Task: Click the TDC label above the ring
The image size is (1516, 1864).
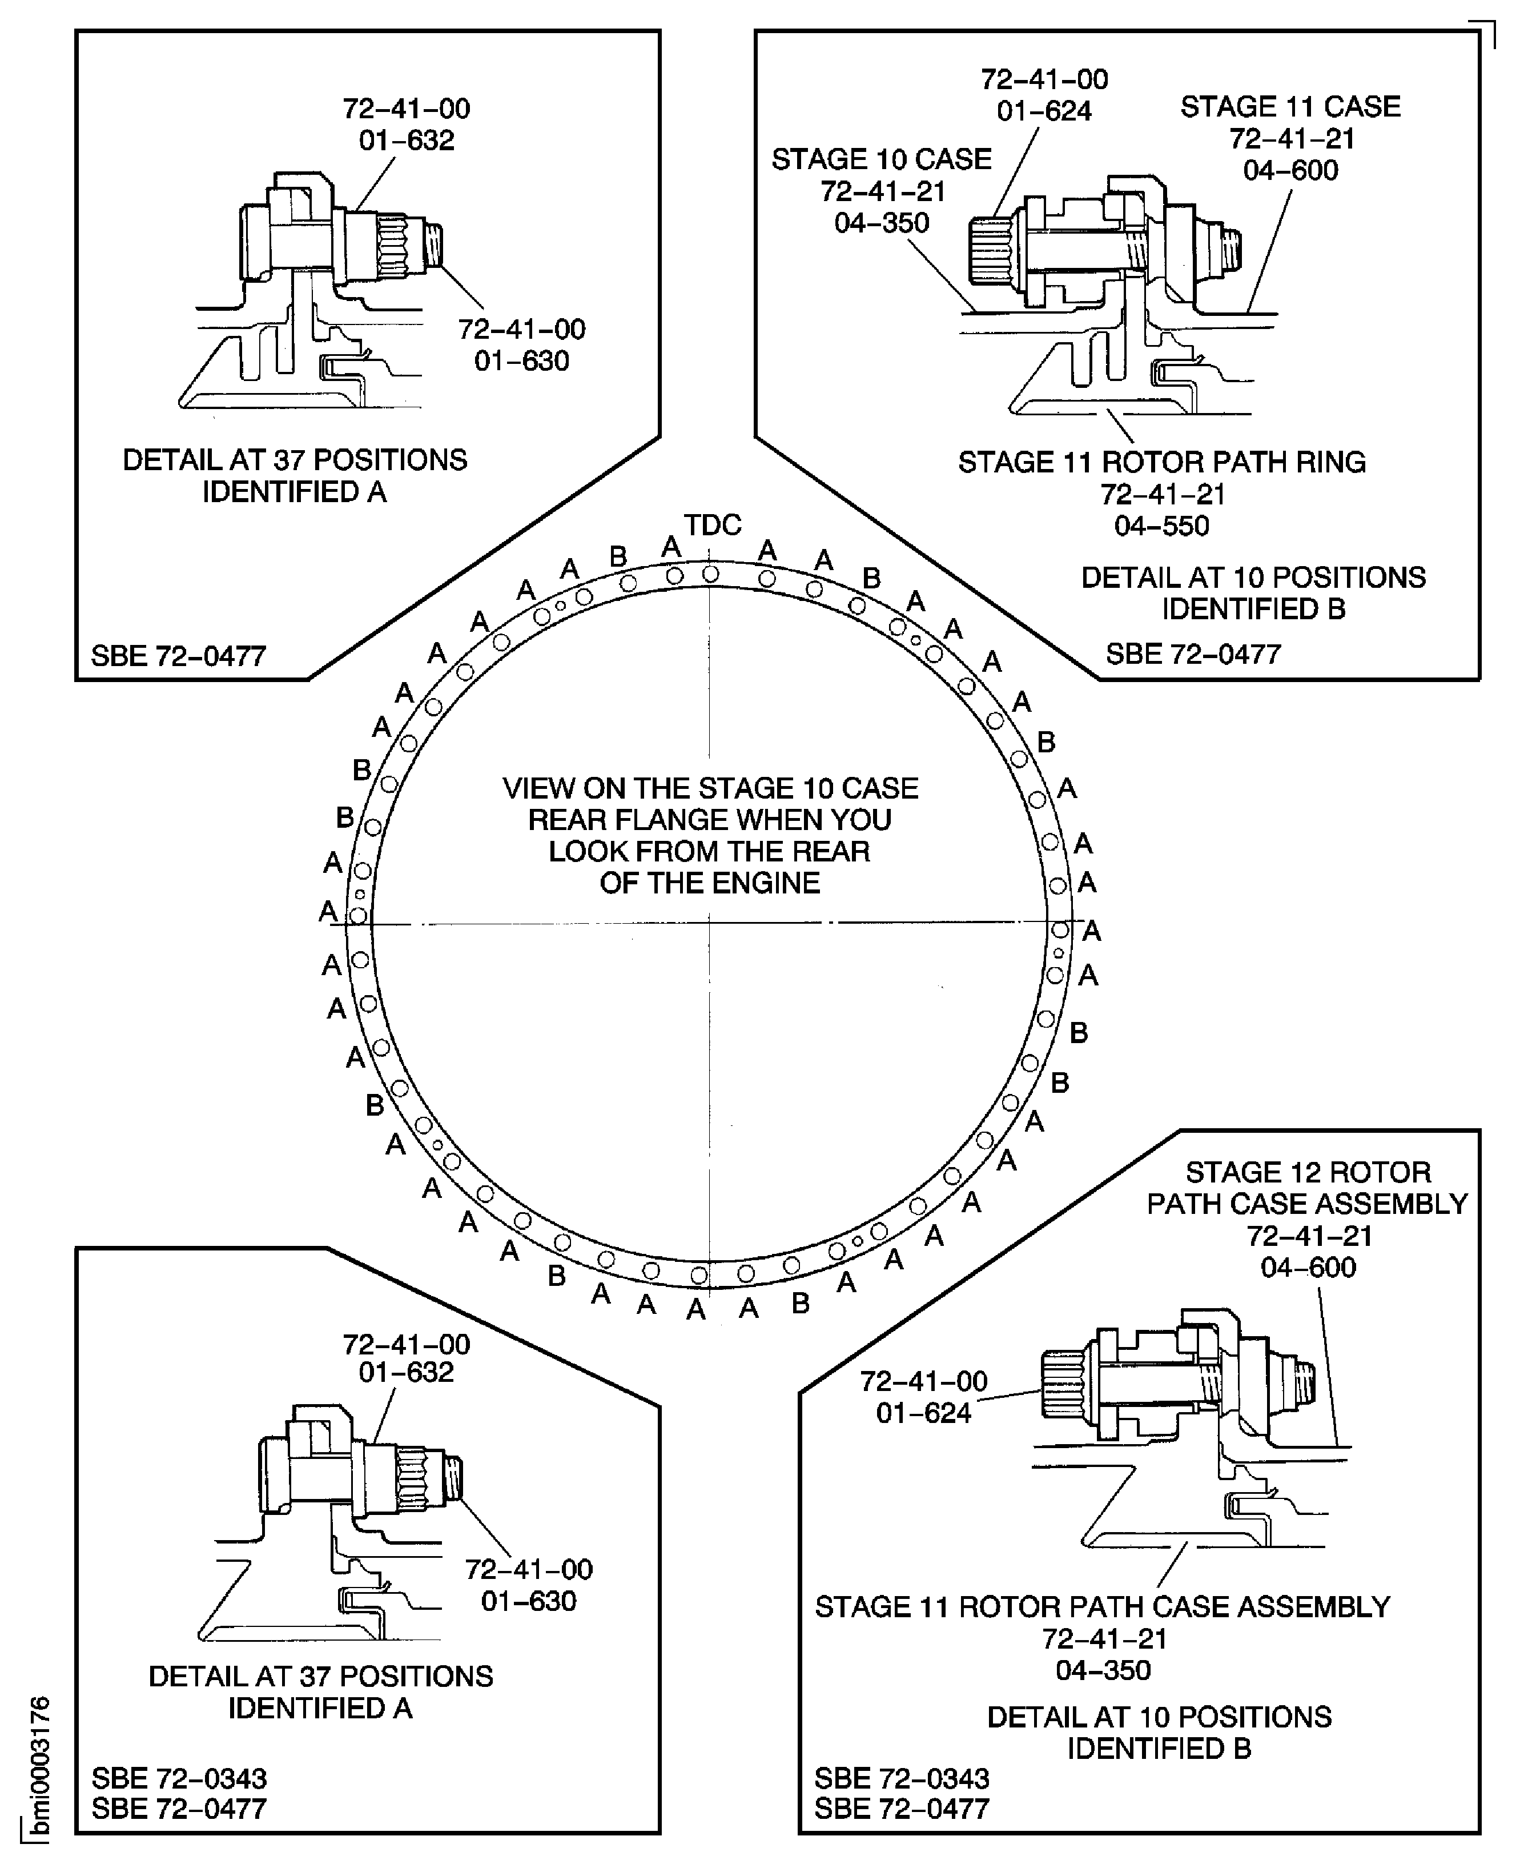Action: [713, 525]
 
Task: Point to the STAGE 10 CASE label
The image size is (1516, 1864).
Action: [881, 160]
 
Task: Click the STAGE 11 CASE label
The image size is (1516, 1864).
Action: [1290, 107]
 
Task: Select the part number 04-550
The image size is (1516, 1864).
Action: [1161, 526]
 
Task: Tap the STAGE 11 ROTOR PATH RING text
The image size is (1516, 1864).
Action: [1161, 462]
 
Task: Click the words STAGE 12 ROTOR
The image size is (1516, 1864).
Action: [1307, 1172]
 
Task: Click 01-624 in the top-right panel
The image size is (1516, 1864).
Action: [1044, 111]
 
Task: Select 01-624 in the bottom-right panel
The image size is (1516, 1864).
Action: [924, 1413]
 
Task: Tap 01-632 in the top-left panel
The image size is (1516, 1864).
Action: [407, 141]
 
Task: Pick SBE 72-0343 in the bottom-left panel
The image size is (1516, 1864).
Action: [179, 1778]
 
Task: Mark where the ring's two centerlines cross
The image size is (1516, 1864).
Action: [709, 923]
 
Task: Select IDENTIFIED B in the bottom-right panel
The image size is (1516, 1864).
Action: [1160, 1749]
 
